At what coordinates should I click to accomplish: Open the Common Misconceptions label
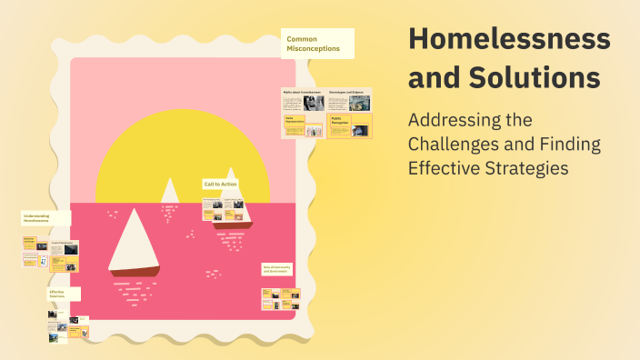(316, 44)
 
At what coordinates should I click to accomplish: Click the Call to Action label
(221, 185)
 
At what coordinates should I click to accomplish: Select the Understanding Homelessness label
(45, 219)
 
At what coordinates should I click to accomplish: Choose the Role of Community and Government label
(277, 269)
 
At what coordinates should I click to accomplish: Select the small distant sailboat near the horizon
(169, 193)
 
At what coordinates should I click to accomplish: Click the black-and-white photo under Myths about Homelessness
(314, 104)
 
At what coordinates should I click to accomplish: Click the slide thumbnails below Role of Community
(280, 299)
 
